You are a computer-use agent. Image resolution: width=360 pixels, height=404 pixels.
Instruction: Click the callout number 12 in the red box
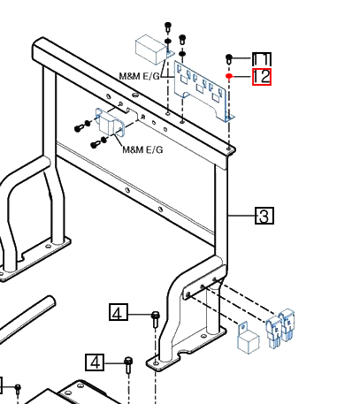(x=262, y=77)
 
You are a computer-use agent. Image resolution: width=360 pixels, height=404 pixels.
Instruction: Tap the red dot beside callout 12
(x=229, y=76)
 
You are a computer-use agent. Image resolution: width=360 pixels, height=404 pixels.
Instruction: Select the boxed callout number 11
(x=262, y=59)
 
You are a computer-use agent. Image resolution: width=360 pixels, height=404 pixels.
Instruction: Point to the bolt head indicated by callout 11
(x=229, y=57)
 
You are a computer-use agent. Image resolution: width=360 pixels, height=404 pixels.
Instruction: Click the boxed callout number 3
(x=264, y=216)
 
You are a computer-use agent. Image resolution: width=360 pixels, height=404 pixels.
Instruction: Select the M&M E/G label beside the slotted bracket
(x=139, y=77)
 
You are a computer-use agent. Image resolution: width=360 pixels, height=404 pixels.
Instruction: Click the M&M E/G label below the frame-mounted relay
(x=142, y=149)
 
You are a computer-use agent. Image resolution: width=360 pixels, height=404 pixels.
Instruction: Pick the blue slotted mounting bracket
(x=203, y=91)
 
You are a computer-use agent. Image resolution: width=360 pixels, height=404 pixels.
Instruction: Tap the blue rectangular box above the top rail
(x=151, y=50)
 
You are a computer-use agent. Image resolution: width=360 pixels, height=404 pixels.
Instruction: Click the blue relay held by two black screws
(x=110, y=122)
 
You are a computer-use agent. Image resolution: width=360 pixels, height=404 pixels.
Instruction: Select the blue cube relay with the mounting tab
(x=248, y=339)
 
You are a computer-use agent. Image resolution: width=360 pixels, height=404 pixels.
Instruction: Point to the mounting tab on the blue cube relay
(x=243, y=328)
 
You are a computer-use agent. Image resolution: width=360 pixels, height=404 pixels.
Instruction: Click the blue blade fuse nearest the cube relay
(x=274, y=332)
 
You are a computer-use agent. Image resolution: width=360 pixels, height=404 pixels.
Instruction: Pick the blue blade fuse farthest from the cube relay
(x=287, y=324)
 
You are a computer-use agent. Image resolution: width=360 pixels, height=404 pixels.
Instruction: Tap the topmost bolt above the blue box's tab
(x=168, y=27)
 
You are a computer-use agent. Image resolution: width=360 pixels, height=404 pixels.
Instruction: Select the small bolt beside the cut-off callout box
(x=18, y=389)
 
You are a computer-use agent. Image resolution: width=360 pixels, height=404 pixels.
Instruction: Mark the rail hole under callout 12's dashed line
(x=229, y=149)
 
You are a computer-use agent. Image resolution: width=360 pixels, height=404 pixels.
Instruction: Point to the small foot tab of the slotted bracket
(x=229, y=118)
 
